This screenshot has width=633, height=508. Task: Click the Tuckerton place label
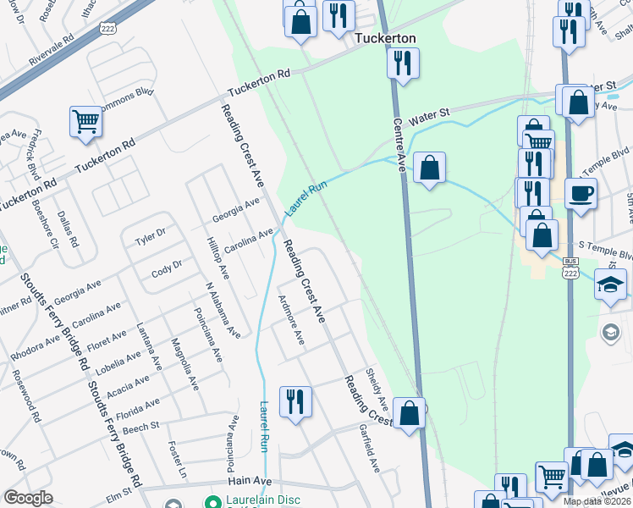pyautogui.click(x=386, y=39)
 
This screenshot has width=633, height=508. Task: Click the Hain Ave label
pyautogui.click(x=250, y=481)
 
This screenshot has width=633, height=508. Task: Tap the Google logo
pyautogui.click(x=28, y=498)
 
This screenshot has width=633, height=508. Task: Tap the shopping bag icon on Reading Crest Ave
pyautogui.click(x=409, y=414)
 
